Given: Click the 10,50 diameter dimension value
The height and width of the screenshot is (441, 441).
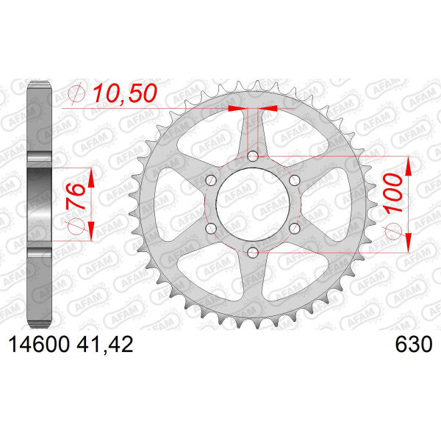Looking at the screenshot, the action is point(125,93).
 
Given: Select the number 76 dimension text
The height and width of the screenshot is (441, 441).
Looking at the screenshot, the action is point(76,196).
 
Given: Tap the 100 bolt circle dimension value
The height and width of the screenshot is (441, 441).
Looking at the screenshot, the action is point(393,193).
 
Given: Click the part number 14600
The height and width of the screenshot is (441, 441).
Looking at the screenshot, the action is point(39,345).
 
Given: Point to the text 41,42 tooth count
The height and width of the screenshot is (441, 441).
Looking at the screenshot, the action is point(104,345).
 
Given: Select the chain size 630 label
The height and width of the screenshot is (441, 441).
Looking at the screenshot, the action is point(413,345).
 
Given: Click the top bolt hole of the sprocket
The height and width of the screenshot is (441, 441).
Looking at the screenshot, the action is point(253,156).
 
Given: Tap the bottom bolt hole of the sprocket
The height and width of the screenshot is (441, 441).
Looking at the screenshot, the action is point(253,252).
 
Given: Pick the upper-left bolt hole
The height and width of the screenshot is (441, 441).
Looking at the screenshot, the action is point(211,180).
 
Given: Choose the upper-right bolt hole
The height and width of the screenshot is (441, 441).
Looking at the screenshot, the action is point(295,180).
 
